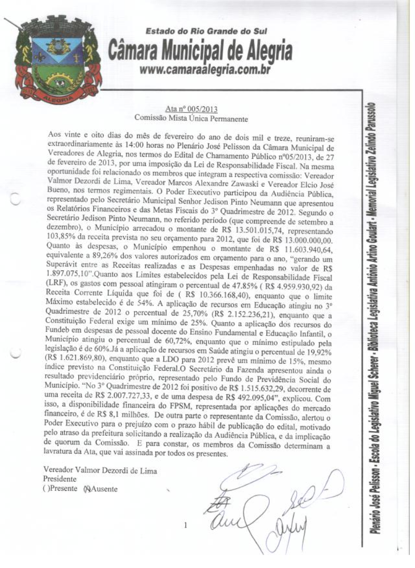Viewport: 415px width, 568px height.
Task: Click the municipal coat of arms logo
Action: (54, 60)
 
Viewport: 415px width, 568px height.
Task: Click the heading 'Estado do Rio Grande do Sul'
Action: (206, 32)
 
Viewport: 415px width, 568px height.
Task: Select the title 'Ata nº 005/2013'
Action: (191, 109)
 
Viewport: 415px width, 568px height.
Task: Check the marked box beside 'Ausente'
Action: (87, 488)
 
